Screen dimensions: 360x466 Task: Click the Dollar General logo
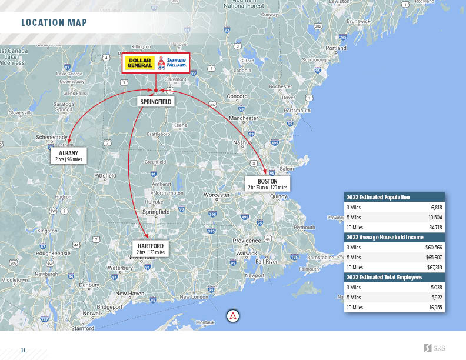click(140, 63)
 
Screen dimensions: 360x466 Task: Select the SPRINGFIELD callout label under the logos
click(155, 102)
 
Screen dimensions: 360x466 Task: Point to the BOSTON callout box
click(267, 184)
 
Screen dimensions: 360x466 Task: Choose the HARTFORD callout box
click(151, 248)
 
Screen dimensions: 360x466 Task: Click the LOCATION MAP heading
click(54, 23)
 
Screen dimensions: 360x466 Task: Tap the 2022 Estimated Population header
click(378, 198)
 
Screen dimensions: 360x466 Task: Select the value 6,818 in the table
click(436, 208)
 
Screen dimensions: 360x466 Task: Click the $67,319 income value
click(434, 268)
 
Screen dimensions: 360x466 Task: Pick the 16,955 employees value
click(435, 308)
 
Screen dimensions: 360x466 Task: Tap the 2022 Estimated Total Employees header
click(384, 278)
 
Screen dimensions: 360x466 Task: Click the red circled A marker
click(233, 316)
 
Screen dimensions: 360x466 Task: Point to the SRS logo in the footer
click(434, 348)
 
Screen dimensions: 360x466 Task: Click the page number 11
click(24, 350)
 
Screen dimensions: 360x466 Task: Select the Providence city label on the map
click(247, 241)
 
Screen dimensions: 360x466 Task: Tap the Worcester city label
click(217, 195)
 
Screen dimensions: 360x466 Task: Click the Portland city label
click(336, 48)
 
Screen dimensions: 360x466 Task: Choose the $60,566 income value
click(434, 248)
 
